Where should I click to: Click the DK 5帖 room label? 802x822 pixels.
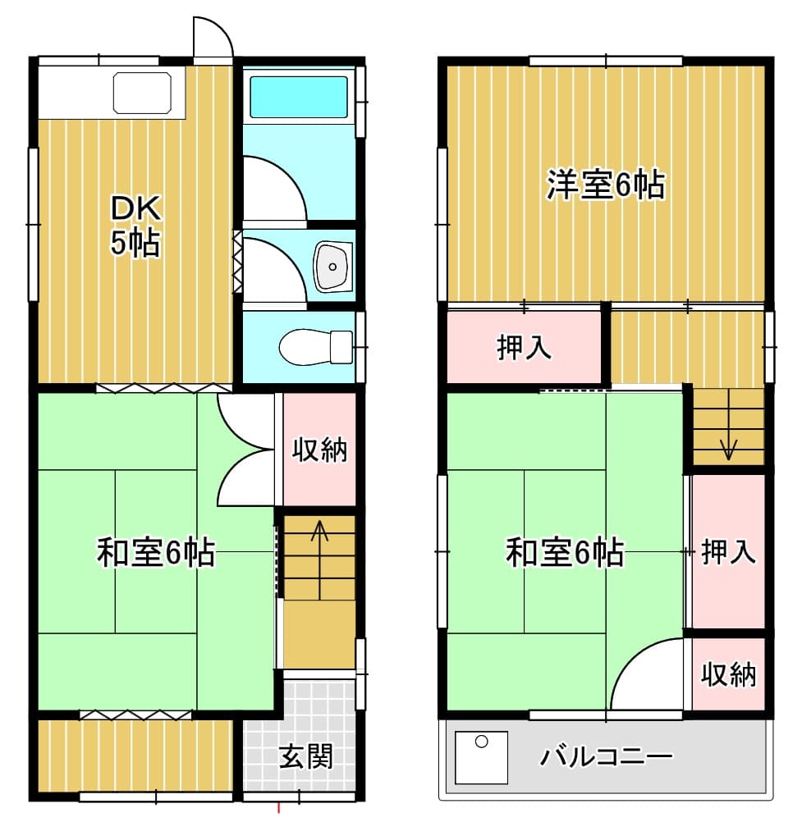(x=135, y=226)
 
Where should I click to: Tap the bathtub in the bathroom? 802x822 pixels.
(x=299, y=97)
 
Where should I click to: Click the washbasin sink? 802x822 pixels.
(x=332, y=267)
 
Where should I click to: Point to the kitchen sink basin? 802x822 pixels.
(x=143, y=93)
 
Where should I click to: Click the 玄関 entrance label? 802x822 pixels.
(x=306, y=756)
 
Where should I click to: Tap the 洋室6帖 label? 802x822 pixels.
(x=606, y=185)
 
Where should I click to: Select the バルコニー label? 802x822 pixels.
(x=607, y=756)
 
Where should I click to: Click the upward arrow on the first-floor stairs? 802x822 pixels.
(x=319, y=559)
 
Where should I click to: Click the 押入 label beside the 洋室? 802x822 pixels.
(x=524, y=347)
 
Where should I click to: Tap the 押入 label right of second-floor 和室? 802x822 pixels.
(x=729, y=551)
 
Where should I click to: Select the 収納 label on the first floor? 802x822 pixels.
(x=319, y=450)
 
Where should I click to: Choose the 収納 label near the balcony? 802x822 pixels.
(x=729, y=674)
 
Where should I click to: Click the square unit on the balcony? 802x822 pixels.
(x=481, y=757)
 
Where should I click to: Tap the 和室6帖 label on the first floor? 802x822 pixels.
(x=156, y=551)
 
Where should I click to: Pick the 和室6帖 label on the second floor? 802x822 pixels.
(x=565, y=551)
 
